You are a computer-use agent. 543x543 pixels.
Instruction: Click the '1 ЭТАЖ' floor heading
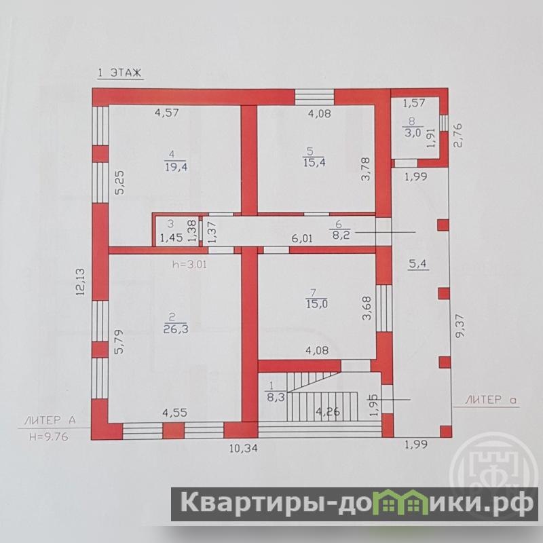point(120,73)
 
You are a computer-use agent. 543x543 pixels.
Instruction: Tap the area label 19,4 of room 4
point(176,167)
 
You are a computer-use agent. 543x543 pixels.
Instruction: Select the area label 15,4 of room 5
point(314,162)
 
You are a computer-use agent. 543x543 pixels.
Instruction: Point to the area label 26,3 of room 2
point(176,329)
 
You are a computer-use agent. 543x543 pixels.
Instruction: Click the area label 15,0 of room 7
point(317,303)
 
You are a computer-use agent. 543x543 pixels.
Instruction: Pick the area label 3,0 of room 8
point(412,132)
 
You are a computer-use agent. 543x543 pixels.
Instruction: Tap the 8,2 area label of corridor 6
point(341,236)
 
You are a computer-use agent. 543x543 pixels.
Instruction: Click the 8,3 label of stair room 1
point(276,396)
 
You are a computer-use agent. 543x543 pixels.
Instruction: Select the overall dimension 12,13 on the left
point(80,282)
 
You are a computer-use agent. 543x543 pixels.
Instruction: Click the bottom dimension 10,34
point(244,448)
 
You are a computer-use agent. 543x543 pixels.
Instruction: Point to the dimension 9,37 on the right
point(461,326)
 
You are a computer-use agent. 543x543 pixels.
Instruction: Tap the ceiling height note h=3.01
point(190,265)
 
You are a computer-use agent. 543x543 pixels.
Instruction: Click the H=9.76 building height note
point(49,436)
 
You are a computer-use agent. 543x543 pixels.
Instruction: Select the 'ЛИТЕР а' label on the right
point(490,400)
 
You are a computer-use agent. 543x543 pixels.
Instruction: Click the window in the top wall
point(314,97)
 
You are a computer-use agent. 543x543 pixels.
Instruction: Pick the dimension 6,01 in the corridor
point(302,238)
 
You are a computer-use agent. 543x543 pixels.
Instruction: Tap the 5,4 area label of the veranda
point(418,264)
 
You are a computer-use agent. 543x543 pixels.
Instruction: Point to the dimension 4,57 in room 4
point(167,113)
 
